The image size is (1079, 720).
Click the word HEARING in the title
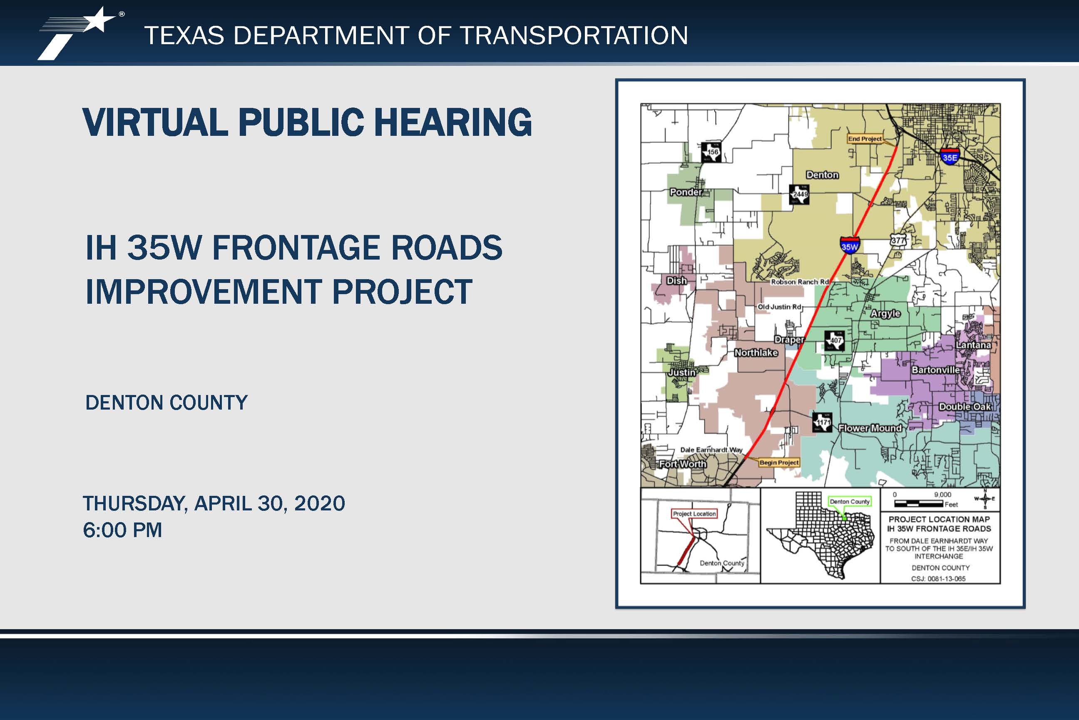[453, 122]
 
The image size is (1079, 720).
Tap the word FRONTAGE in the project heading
[296, 247]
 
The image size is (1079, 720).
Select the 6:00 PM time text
[122, 530]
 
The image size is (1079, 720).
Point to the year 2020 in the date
[319, 503]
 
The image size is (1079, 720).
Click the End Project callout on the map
[865, 139]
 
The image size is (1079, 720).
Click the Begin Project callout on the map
[779, 462]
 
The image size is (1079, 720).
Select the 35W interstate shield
[850, 246]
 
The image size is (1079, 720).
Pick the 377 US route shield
[898, 240]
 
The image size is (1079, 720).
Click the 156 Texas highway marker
[711, 152]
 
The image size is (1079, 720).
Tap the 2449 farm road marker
[799, 194]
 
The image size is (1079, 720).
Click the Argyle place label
[885, 314]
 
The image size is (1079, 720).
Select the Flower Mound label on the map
[870, 428]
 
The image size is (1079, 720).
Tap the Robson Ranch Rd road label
[800, 282]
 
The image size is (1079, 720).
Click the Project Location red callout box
[694, 513]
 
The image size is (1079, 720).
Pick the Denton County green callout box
[850, 501]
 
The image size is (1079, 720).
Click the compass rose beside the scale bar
[985, 499]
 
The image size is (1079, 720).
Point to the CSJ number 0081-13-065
[938, 579]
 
